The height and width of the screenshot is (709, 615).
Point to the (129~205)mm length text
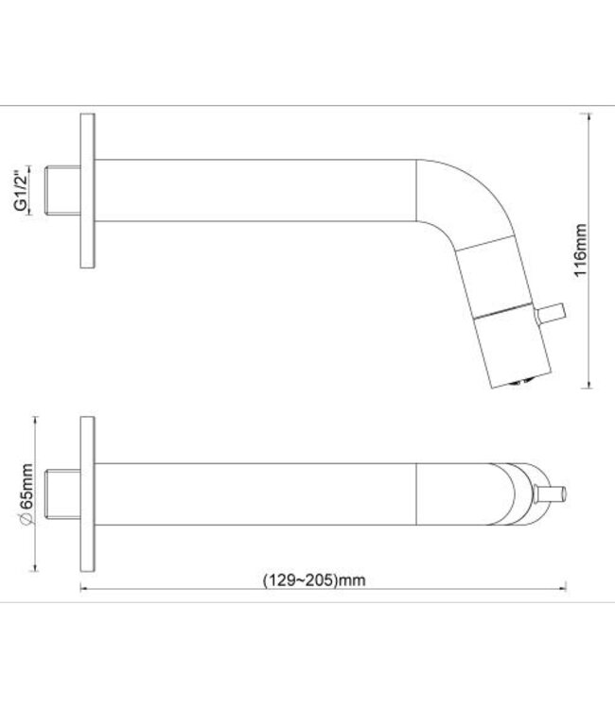click(x=313, y=580)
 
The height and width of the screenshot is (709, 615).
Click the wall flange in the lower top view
click(x=87, y=491)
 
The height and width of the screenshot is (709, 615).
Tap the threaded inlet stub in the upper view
click(x=63, y=191)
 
